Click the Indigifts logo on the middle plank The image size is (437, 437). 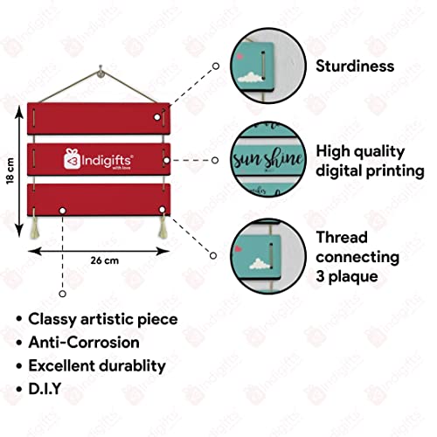99,159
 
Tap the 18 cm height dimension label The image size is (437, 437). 10,171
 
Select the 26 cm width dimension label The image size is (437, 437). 105,260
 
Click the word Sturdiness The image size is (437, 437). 355,66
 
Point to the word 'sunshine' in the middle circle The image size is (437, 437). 268,159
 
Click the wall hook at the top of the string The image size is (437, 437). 101,72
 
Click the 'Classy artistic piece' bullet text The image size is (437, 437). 103,319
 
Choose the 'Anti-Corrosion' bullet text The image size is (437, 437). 84,343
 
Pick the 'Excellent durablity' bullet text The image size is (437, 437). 97,366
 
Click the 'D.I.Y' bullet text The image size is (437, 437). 45,389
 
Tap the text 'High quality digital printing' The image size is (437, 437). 370,161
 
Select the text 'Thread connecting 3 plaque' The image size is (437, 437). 357,257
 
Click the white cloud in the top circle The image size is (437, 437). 250,77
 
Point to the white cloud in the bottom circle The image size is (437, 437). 259,264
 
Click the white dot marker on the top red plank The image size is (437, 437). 157,117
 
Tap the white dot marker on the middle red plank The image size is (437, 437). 167,161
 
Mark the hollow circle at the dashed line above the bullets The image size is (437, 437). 62,294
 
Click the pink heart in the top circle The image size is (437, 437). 239,56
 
